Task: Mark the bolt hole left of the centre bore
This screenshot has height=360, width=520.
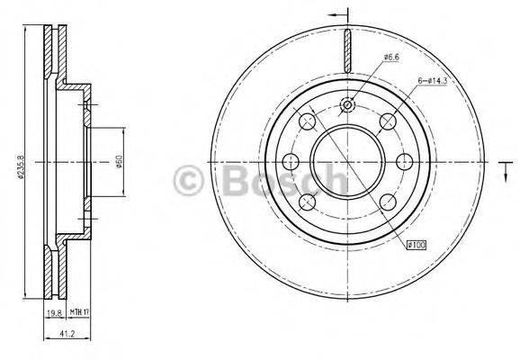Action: pos(290,162)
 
